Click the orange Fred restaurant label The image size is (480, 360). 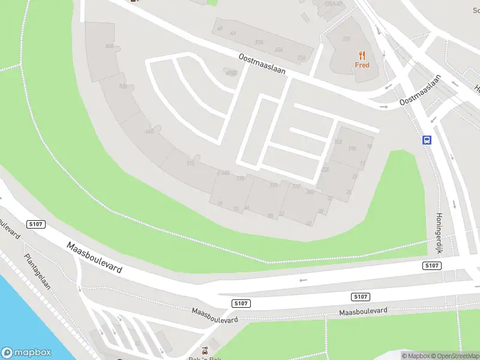[362, 65]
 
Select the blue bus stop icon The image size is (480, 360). [427, 140]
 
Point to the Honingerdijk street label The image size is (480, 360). [438, 232]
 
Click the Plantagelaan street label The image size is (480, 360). [37, 271]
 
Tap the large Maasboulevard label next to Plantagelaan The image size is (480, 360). [94, 257]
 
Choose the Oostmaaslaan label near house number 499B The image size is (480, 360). [262, 63]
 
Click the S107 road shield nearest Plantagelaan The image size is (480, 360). [36, 224]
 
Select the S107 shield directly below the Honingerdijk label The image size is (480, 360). [431, 265]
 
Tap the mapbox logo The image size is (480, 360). [26, 353]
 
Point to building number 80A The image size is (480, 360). [109, 46]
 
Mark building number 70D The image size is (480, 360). [122, 86]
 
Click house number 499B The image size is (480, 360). [230, 74]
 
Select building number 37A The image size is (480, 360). [259, 43]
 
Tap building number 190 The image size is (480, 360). [352, 148]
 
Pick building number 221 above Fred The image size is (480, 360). [346, 39]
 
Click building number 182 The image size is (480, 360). [338, 142]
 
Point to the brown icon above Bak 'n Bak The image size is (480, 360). [205, 349]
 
